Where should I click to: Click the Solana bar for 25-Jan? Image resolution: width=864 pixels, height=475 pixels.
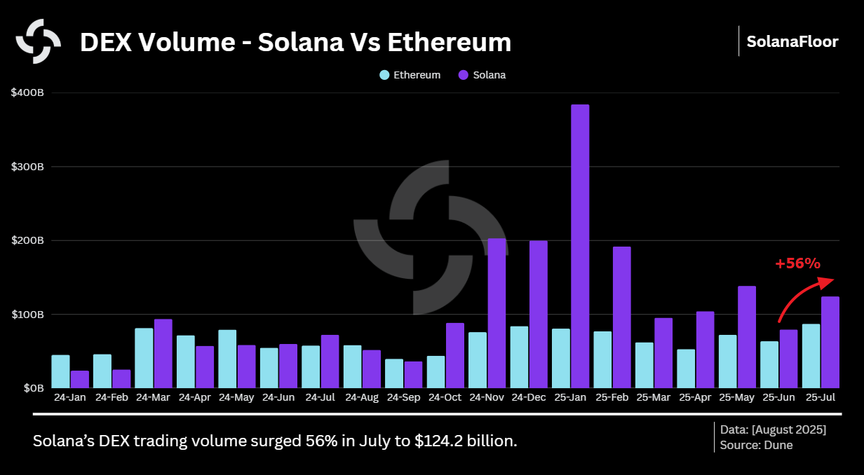pyautogui.click(x=580, y=246)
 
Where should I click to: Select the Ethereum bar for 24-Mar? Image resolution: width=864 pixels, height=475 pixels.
pyautogui.click(x=144, y=357)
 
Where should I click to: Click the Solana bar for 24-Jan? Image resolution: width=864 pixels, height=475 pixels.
pyautogui.click(x=80, y=379)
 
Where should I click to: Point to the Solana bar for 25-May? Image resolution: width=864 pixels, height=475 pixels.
pyautogui.click(x=747, y=336)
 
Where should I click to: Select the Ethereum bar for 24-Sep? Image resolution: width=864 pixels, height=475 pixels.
pyautogui.click(x=394, y=373)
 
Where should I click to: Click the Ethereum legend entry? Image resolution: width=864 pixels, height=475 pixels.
pyautogui.click(x=410, y=75)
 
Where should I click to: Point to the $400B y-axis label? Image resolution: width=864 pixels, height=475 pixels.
pyautogui.click(x=27, y=92)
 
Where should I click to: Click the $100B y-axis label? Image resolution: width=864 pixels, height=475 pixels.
pyautogui.click(x=27, y=314)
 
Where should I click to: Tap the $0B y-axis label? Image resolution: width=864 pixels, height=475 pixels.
pyautogui.click(x=32, y=387)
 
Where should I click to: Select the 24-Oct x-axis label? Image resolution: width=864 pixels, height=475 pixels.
pyautogui.click(x=445, y=397)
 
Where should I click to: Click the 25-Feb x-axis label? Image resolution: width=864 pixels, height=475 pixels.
pyautogui.click(x=612, y=397)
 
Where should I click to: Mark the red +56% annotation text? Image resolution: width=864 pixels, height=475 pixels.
pyautogui.click(x=797, y=263)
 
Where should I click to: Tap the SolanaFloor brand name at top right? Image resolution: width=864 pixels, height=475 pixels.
pyautogui.click(x=792, y=41)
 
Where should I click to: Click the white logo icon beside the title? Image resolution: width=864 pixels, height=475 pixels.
pyautogui.click(x=39, y=41)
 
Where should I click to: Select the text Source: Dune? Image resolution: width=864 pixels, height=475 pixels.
pyautogui.click(x=756, y=445)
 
